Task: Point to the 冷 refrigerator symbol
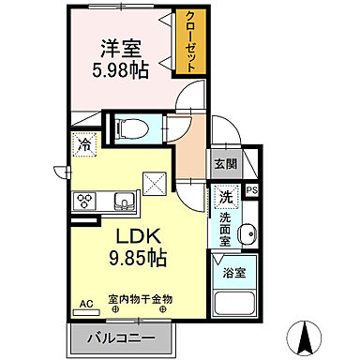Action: coord(84,146)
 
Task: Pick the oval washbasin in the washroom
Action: coord(247,235)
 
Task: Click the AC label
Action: coord(85,304)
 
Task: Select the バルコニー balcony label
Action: coord(120,337)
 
